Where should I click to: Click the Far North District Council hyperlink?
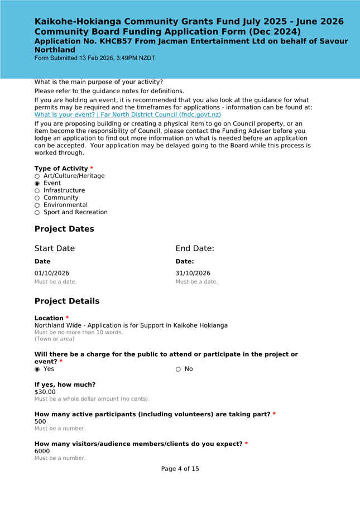[128, 114]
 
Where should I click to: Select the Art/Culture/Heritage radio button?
[37, 176]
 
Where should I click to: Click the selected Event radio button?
[37, 184]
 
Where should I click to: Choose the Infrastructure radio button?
[37, 191]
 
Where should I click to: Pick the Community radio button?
[37, 198]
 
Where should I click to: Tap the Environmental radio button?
[37, 205]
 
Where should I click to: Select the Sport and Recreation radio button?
[37, 213]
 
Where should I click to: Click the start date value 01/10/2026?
[52, 273]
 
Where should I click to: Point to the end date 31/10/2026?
[193, 273]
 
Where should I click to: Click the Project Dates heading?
[64, 229]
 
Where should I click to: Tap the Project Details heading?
[67, 301]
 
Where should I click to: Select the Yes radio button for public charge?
[37, 369]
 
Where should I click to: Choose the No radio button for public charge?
[179, 369]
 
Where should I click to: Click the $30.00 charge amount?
[45, 392]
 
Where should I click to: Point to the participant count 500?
[40, 422]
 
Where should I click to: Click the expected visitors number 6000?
[42, 451]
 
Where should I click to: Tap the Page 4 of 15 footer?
[180, 469]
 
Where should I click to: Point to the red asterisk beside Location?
[68, 318]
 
